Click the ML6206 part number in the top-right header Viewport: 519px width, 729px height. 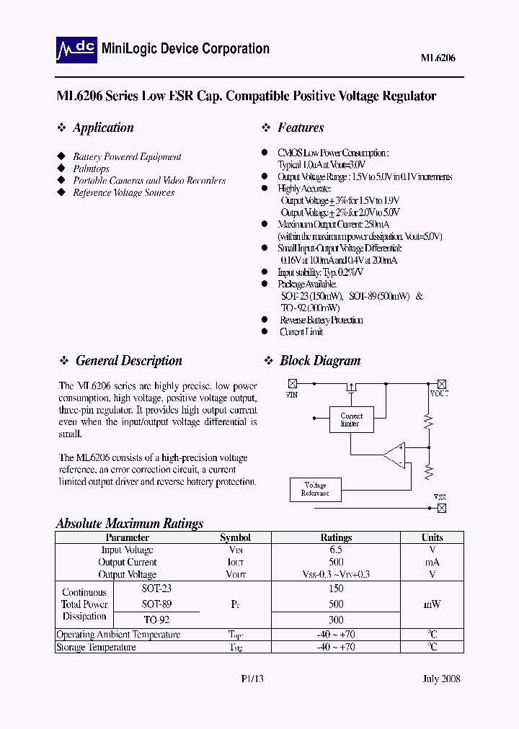pyautogui.click(x=438, y=58)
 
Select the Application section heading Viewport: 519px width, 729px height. pyautogui.click(x=103, y=128)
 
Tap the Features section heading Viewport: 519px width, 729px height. pyautogui.click(x=301, y=128)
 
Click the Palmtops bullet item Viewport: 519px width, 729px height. pyautogui.click(x=92, y=169)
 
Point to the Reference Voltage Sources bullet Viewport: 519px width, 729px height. pyautogui.click(x=124, y=192)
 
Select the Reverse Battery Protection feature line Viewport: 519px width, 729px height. pyautogui.click(x=321, y=320)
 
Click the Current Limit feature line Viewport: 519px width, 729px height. pyautogui.click(x=301, y=332)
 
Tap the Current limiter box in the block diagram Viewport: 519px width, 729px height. pyautogui.click(x=352, y=420)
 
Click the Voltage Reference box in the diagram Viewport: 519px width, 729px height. pyautogui.click(x=315, y=489)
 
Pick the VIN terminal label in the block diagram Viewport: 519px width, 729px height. pyautogui.click(x=291, y=395)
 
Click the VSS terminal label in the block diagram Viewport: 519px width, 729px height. pyautogui.click(x=440, y=497)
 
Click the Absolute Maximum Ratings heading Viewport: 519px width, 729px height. pyautogui.click(x=130, y=524)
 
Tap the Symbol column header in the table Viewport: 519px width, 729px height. pyautogui.click(x=235, y=538)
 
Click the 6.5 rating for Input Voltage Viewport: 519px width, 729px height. pyautogui.click(x=336, y=550)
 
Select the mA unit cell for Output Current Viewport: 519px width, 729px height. pyautogui.click(x=432, y=562)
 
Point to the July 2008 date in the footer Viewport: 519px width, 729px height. pyautogui.click(x=441, y=679)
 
